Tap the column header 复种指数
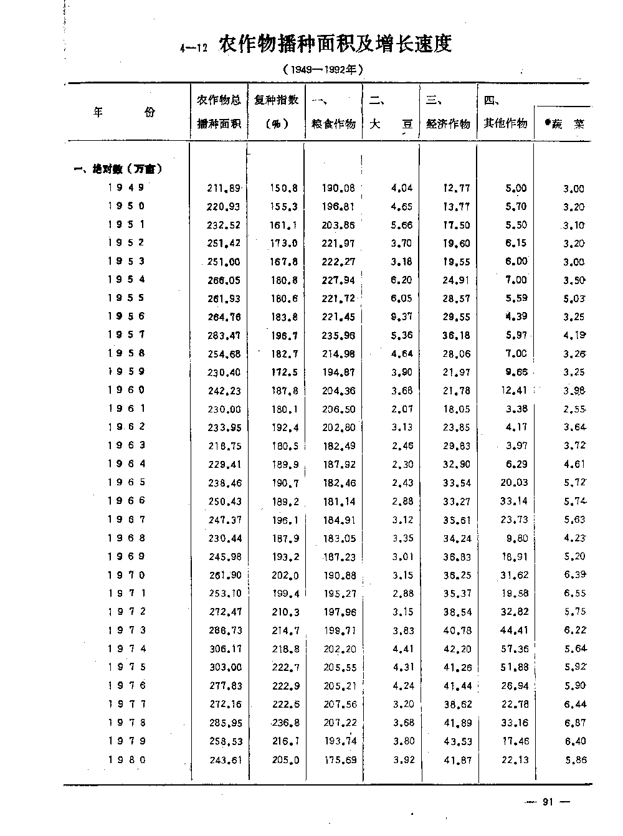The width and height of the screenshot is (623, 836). [277, 100]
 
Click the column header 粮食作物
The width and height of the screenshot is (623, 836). [333, 123]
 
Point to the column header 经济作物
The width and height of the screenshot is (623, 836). [448, 123]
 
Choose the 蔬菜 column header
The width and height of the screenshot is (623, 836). [564, 124]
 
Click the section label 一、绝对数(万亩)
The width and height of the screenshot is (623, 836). [118, 169]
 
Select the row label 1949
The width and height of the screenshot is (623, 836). [126, 188]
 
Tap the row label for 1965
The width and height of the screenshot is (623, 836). [126, 482]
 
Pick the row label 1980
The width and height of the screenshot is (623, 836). [126, 759]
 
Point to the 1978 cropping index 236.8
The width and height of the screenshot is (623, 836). [285, 723]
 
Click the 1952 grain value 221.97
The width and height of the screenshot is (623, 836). [338, 244]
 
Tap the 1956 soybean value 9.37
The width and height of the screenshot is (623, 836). [401, 317]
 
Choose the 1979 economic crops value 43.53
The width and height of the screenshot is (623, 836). [457, 741]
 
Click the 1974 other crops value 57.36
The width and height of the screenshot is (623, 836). [514, 649]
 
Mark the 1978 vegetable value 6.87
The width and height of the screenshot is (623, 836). [574, 723]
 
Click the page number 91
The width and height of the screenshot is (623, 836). [548, 802]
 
